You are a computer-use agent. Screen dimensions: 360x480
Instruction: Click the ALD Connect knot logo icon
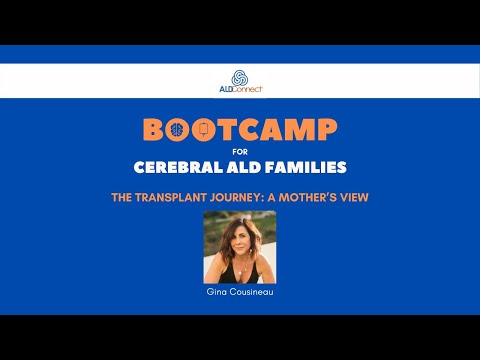pos(240,77)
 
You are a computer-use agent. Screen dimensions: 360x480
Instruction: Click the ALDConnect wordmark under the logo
pos(240,90)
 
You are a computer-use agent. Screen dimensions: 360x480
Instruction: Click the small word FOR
pos(240,153)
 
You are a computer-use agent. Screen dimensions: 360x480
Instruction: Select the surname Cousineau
pos(250,293)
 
